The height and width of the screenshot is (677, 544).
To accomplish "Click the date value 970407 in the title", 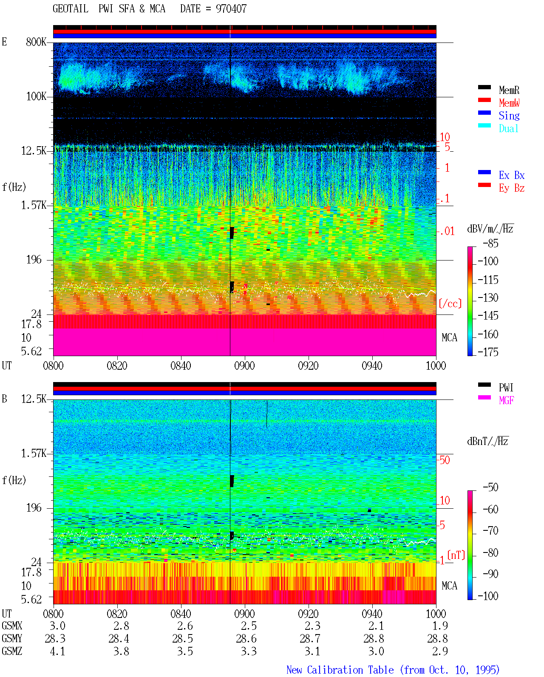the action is pos(231,9).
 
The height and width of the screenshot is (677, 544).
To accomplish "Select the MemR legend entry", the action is pos(509,90).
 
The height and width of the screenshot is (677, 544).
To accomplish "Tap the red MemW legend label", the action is pos(509,103).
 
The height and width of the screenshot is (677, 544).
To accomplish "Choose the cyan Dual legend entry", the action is pos(508,128).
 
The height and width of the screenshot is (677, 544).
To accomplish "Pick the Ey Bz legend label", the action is pos(512,188).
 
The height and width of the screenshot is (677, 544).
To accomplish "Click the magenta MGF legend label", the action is pos(506,400).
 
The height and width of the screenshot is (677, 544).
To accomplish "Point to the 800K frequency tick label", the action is pos(36,42).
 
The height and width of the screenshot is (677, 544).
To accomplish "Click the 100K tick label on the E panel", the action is pos(36,96).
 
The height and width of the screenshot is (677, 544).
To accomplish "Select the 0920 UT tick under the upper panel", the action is pos(309,366).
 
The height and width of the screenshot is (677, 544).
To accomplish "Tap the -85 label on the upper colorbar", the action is pos(490,244).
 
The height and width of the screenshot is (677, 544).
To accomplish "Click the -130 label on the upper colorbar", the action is pos(488,297).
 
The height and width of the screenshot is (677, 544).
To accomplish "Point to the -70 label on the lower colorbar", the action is pos(490,531).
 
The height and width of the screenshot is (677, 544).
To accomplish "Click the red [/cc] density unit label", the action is pos(450,303).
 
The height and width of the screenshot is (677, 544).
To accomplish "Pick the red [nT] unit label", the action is pos(456,555).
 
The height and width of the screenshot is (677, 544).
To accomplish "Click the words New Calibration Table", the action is pos(340,670).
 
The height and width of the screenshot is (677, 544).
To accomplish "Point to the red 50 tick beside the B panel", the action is pos(444,460).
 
